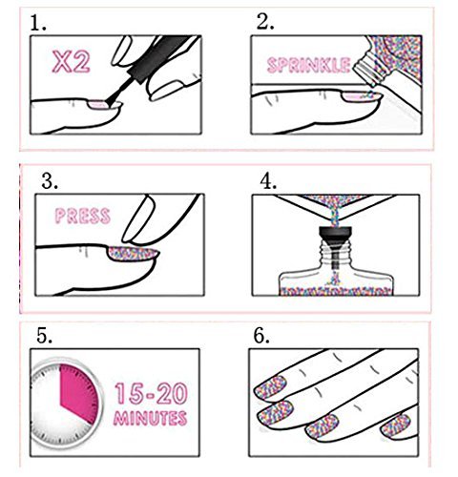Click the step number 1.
click(x=37, y=23)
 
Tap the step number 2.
click(x=265, y=22)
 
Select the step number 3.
click(x=50, y=181)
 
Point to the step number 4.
click(x=268, y=182)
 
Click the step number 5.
click(x=44, y=336)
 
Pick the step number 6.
click(x=261, y=336)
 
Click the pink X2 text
click(x=72, y=62)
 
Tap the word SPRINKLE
click(x=308, y=65)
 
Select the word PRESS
click(x=83, y=216)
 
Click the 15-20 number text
click(x=151, y=393)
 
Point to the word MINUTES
click(x=150, y=418)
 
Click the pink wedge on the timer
click(x=78, y=393)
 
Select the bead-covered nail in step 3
click(x=133, y=254)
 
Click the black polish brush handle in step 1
click(x=160, y=57)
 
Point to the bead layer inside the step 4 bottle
click(x=336, y=291)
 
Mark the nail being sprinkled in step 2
click(x=361, y=96)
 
